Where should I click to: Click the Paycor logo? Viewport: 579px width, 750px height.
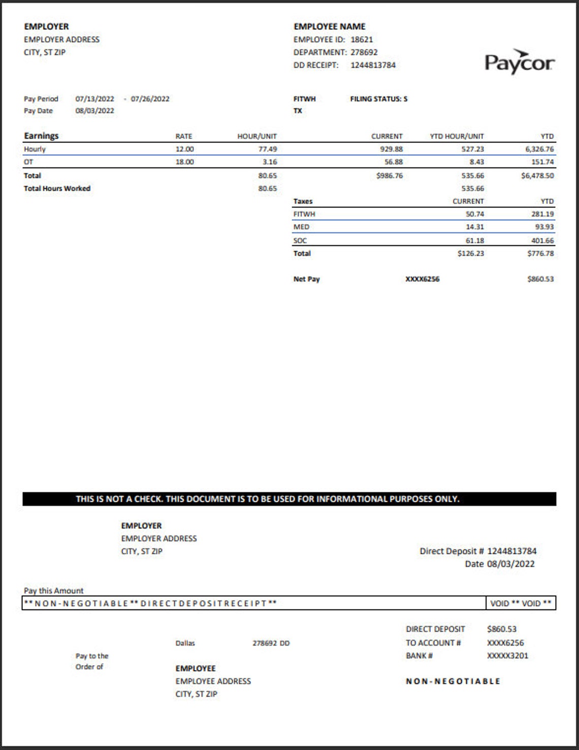(519, 62)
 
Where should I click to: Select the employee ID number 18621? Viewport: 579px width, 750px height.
(362, 40)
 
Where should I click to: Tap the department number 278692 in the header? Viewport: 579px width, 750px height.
(364, 52)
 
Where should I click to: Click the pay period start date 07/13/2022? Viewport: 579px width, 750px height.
(94, 99)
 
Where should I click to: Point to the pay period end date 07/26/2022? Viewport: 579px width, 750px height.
(150, 99)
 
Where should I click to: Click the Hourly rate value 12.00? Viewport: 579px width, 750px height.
(184, 149)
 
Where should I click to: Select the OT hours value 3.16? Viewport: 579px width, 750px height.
(269, 162)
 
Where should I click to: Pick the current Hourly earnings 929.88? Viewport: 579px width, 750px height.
(391, 149)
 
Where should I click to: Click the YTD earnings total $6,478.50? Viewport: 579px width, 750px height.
(537, 176)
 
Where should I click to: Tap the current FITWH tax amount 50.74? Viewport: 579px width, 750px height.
(474, 215)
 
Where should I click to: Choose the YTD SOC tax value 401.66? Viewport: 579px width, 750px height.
(542, 241)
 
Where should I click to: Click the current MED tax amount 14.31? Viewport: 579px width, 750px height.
(474, 227)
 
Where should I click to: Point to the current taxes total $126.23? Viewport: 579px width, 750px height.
(470, 254)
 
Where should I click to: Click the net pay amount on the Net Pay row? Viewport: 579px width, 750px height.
(540, 279)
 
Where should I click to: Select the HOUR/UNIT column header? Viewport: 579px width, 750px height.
(256, 136)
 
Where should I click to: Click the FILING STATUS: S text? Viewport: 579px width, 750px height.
(378, 99)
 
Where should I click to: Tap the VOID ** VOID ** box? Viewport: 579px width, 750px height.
(521, 604)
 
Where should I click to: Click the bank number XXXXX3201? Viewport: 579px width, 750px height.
(507, 656)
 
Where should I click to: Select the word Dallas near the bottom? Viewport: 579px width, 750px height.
(185, 643)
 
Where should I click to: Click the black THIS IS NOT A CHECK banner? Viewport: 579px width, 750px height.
(289, 499)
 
